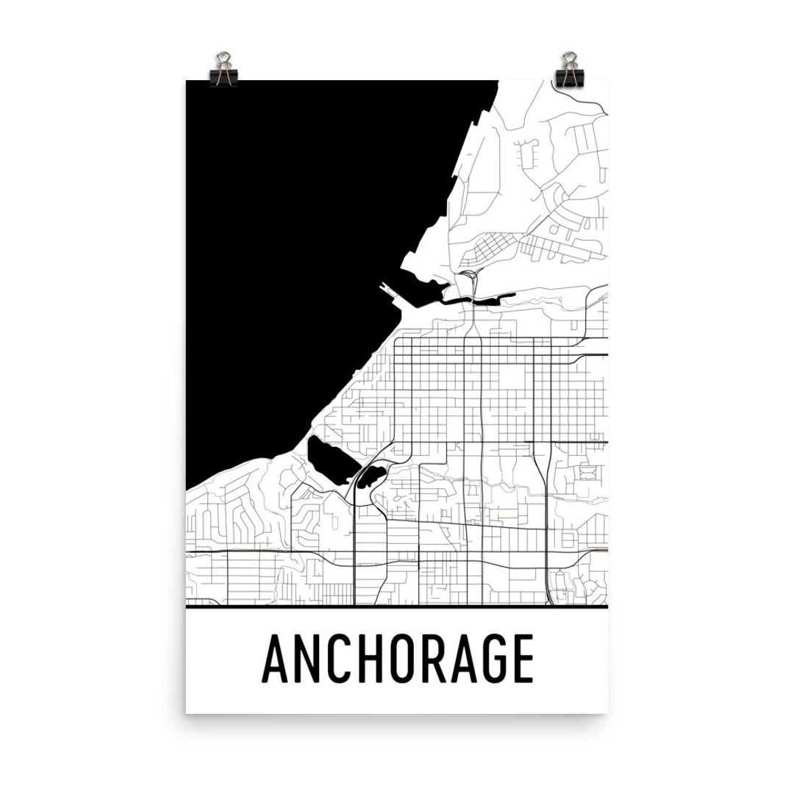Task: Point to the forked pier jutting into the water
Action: point(390,293)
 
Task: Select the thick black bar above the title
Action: point(397,608)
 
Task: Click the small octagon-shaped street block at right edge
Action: point(587,471)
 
